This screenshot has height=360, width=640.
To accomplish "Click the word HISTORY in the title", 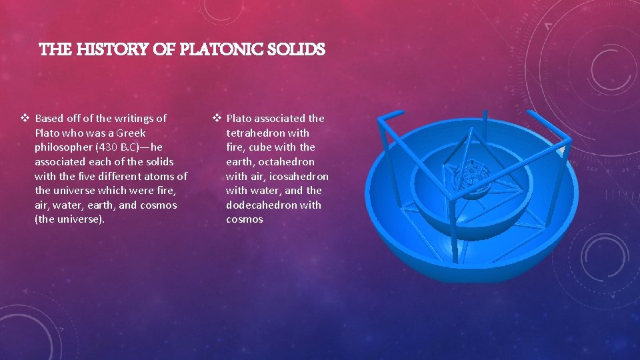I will pyautogui.click(x=92, y=49).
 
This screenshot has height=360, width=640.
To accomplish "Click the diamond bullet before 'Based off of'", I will pyautogui.click(x=25, y=119).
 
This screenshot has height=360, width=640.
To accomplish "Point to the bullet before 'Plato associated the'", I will pyautogui.click(x=217, y=119).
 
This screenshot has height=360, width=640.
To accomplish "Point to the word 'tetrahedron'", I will pyautogui.click(x=254, y=133).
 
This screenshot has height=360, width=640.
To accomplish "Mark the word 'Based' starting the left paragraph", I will pyautogui.click(x=49, y=119).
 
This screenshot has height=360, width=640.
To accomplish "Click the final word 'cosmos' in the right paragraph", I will pyautogui.click(x=245, y=219).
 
